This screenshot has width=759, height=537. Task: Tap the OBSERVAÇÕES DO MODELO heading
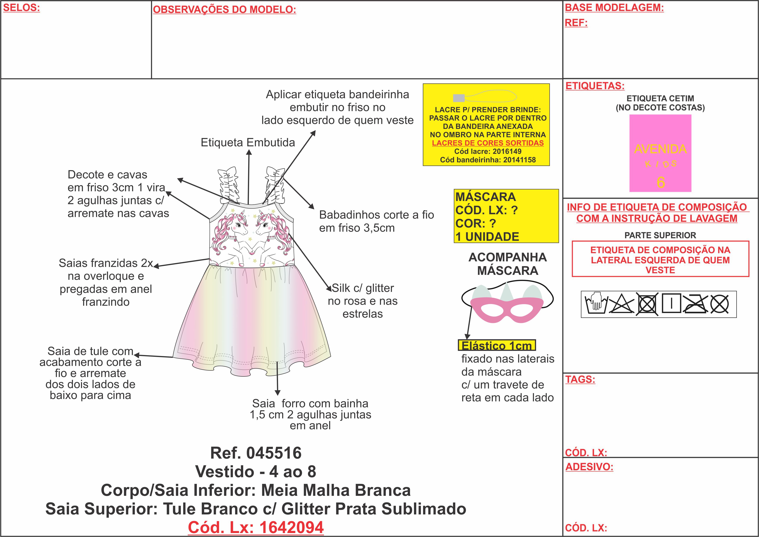click(x=224, y=10)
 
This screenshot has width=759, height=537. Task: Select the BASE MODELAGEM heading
click(x=614, y=8)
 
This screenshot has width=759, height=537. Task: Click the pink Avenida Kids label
click(x=660, y=153)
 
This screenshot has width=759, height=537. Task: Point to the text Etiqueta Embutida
click(x=248, y=143)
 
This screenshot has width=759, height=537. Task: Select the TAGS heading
click(x=580, y=379)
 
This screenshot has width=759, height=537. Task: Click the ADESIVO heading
click(x=589, y=467)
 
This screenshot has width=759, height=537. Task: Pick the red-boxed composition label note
click(x=660, y=260)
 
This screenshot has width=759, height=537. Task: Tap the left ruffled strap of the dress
click(x=228, y=185)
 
